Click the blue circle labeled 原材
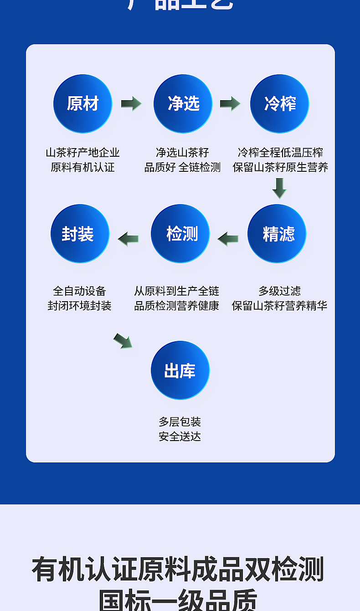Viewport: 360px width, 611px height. coord(82,104)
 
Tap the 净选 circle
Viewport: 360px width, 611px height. coord(183,104)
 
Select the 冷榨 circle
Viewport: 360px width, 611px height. coord(279,104)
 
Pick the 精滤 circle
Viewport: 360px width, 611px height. coord(277,234)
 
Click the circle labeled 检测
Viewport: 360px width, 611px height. coord(180,234)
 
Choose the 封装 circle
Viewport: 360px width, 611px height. coord(80,234)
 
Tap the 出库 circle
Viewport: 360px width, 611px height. coord(180,370)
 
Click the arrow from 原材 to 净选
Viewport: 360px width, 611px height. coord(131,104)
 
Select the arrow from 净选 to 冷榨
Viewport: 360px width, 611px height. coord(230,104)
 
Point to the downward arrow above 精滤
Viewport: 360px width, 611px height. coord(279,188)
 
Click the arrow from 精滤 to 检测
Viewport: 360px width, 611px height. coord(228,238)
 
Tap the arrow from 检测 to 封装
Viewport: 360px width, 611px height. coord(129,238)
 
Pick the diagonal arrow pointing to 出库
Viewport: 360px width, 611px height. coord(123,341)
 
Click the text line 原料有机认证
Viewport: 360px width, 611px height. coord(82,167)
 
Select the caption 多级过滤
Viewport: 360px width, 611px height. coord(279,291)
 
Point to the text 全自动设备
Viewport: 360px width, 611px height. coord(79,291)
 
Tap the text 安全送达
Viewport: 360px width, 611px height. coord(180,436)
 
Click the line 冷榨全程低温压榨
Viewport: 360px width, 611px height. coord(280,152)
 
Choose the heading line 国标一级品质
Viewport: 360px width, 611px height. coord(178,601)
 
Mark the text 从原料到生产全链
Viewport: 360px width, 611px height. coord(176,291)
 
